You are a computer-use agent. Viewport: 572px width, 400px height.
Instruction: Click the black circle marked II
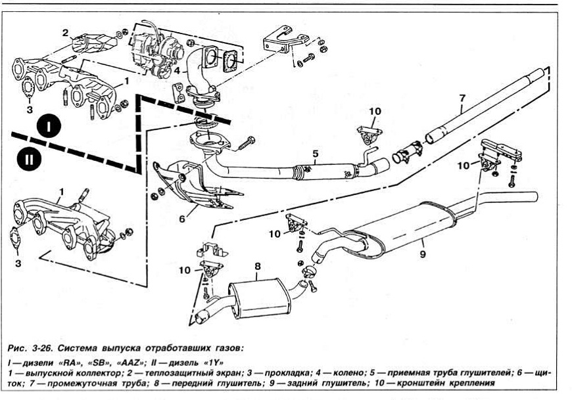point(29,160)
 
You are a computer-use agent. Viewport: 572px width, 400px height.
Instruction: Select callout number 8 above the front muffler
point(258,267)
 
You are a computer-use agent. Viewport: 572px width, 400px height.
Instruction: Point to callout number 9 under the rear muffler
point(423,254)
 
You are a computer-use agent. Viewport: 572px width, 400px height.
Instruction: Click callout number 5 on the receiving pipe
point(315,154)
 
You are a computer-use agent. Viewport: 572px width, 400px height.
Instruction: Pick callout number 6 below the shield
point(181,218)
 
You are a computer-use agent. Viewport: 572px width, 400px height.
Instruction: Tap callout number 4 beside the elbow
point(177,71)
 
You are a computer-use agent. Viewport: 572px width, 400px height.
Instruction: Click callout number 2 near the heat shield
point(65,33)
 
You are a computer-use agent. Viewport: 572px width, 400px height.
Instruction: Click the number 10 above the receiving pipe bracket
point(374,111)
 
